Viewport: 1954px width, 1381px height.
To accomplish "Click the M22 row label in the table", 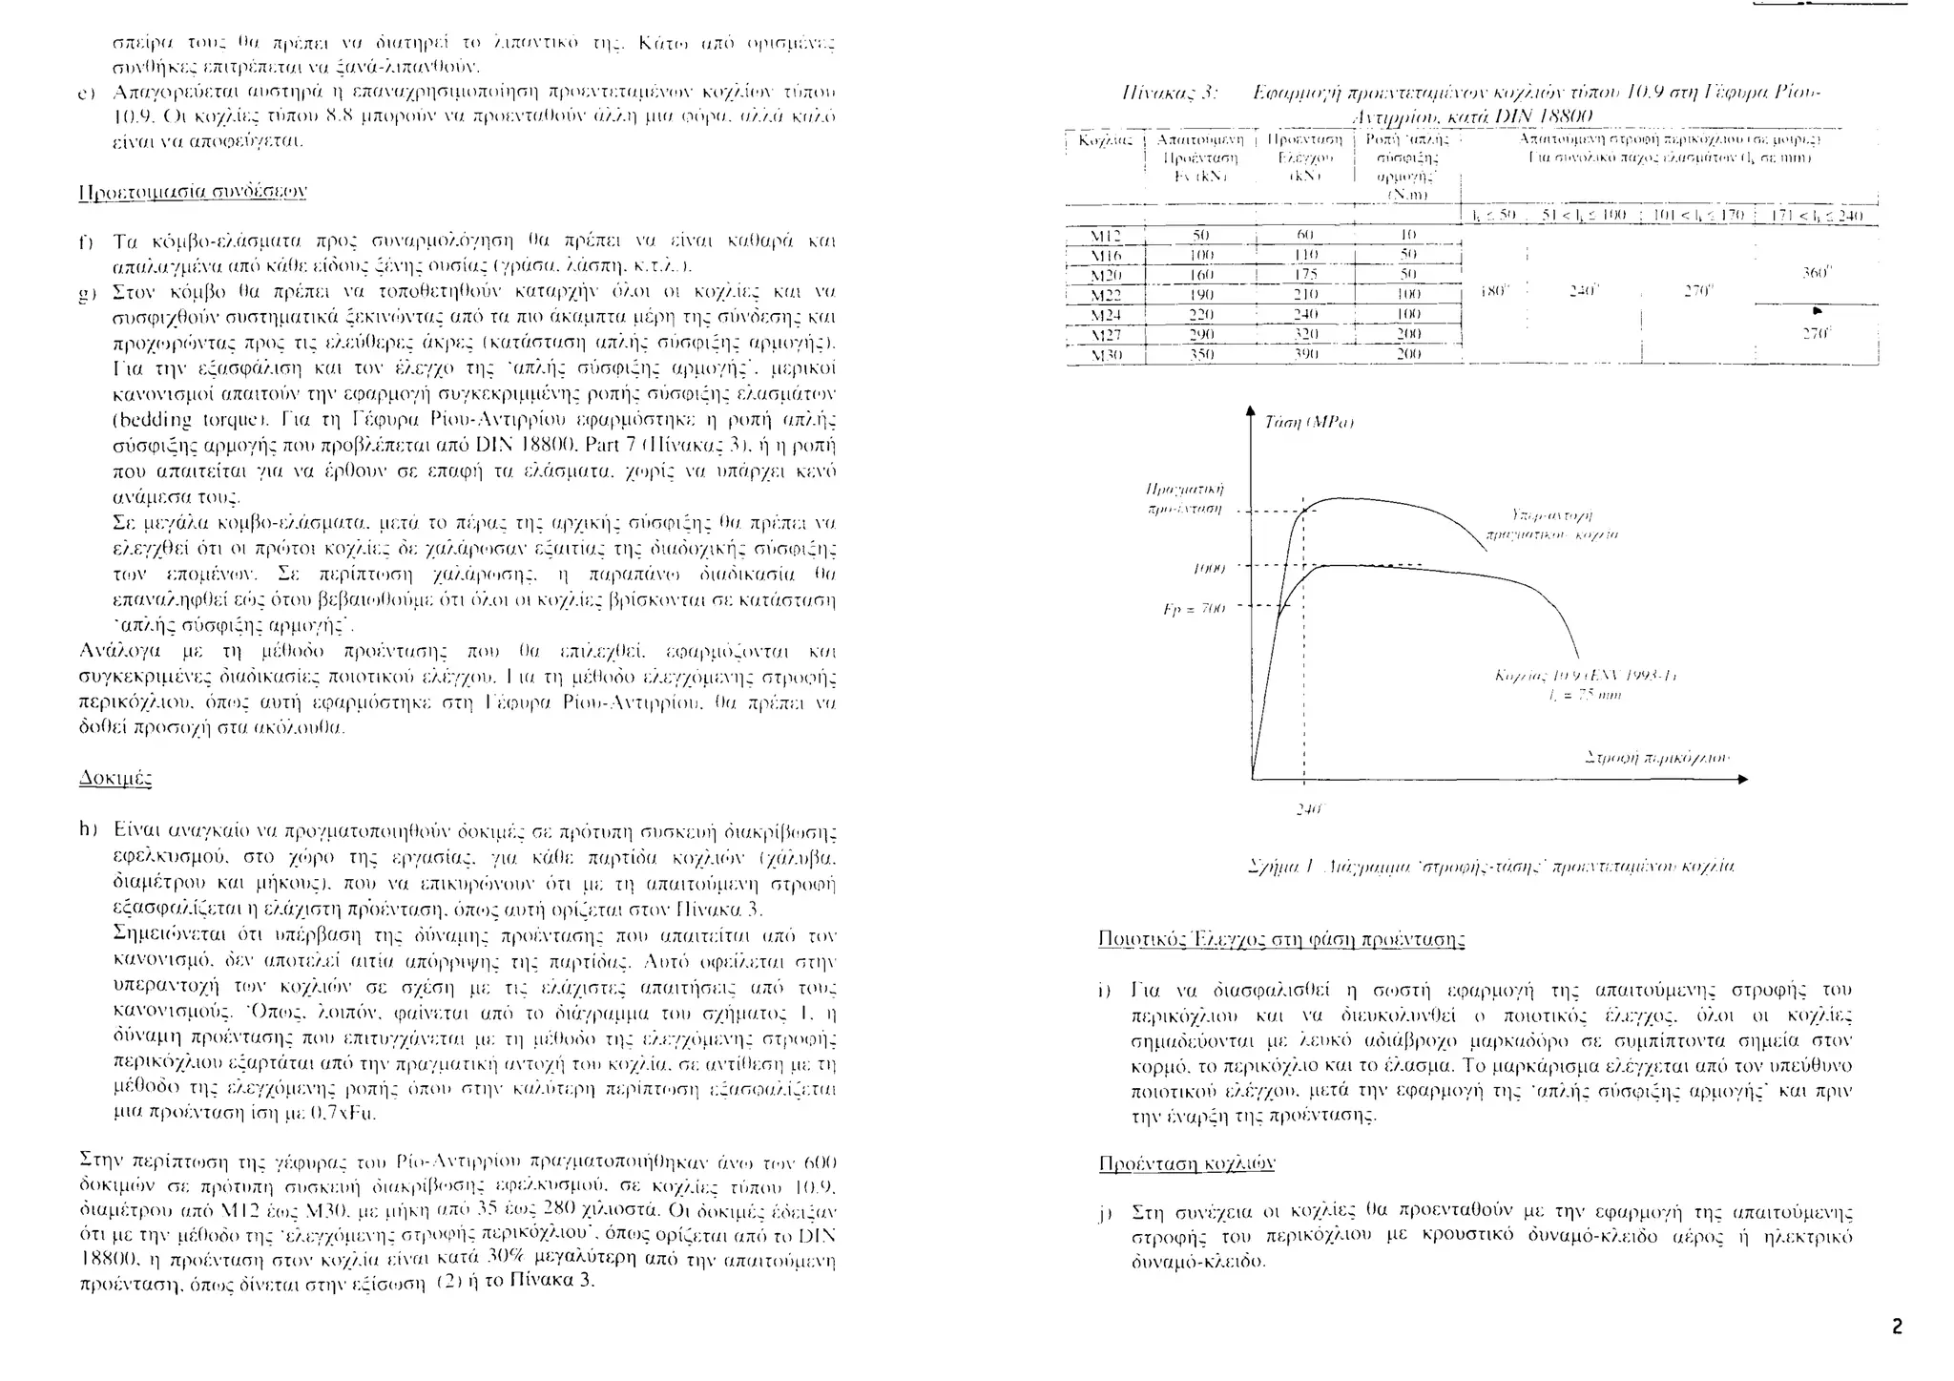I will click(x=1105, y=294).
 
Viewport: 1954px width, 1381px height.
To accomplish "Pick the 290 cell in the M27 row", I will click(x=1201, y=334).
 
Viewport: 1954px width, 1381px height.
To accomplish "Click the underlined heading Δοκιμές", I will click(x=114, y=778).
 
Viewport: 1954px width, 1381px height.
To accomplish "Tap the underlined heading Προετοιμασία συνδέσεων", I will click(x=191, y=191).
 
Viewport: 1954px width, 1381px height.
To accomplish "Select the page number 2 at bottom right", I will click(x=1897, y=1327).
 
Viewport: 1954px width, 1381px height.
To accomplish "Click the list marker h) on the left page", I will click(x=88, y=830).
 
